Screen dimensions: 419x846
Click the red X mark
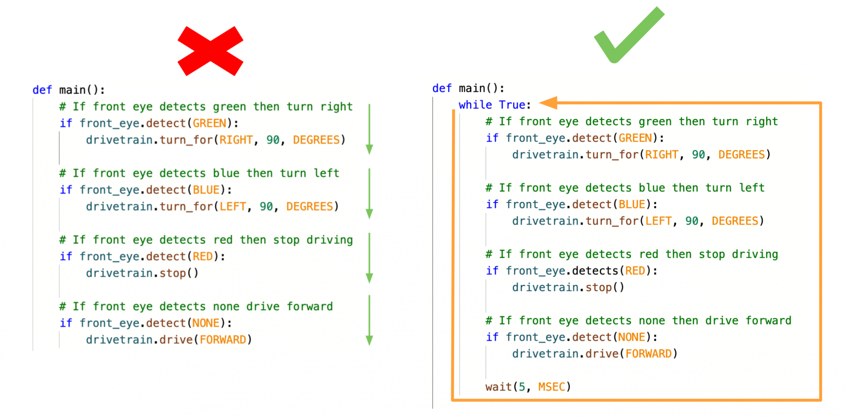pyautogui.click(x=210, y=51)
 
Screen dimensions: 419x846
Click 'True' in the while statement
pyautogui.click(x=512, y=105)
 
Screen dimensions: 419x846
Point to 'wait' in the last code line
pyautogui.click(x=498, y=387)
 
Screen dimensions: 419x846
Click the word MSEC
pyautogui.click(x=552, y=387)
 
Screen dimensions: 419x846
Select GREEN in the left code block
pyautogui.click(x=209, y=123)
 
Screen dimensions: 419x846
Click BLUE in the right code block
pyautogui.click(x=632, y=204)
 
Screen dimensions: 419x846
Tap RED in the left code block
pyautogui.click(x=203, y=256)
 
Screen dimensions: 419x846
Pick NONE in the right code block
pyautogui.click(x=632, y=337)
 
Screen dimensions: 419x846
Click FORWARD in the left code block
pyautogui.click(x=223, y=340)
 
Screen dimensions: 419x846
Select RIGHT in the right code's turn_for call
pyautogui.click(x=662, y=155)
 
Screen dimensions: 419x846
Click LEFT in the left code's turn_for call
pyautogui.click(x=233, y=207)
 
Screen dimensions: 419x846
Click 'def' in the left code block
pyautogui.click(x=42, y=90)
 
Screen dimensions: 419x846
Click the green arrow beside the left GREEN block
pyautogui.click(x=369, y=129)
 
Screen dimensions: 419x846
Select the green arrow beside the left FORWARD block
pyautogui.click(x=369, y=320)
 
